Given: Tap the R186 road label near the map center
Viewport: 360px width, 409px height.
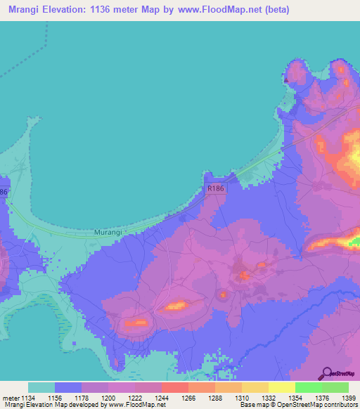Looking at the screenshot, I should point(215,189).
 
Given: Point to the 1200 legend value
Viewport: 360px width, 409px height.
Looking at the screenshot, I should point(108,398).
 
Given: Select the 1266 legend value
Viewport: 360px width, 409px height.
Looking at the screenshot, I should point(188,398).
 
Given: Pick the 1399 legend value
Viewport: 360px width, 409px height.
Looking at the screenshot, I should point(347,398).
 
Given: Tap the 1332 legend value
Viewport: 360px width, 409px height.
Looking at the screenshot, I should point(268,398).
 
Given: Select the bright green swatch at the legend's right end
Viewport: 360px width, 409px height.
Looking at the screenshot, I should point(335,387).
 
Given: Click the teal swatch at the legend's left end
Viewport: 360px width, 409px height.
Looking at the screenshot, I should point(41,387).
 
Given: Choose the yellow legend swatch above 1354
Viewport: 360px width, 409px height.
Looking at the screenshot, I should point(282,387).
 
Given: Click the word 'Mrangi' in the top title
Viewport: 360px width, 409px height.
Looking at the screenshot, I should point(25,10).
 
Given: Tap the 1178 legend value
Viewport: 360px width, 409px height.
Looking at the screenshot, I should point(81,398).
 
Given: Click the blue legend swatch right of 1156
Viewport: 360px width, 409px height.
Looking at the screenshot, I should point(68,387).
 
